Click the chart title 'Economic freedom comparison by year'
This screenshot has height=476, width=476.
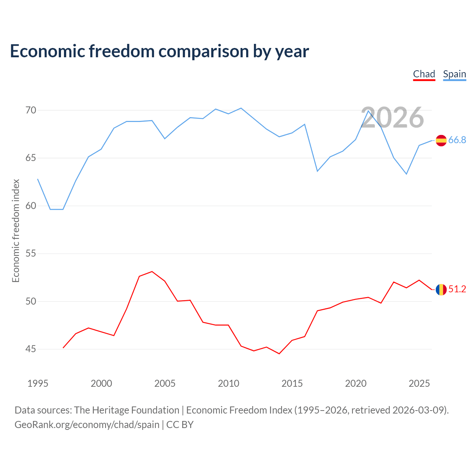[159, 51]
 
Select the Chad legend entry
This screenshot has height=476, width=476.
[424, 74]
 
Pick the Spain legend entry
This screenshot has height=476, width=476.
[454, 74]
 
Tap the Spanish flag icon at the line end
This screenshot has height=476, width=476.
[441, 141]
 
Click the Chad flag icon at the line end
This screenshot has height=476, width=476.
[441, 289]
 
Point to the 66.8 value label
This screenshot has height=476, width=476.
[457, 140]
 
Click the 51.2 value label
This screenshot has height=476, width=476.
[457, 289]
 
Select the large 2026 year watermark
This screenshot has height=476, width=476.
[392, 118]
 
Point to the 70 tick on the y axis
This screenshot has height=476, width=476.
[30, 110]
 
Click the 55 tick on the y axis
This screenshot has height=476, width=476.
[30, 254]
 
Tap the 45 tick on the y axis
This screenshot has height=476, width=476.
[30, 349]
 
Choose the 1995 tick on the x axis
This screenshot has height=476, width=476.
[38, 383]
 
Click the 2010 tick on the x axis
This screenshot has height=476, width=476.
[228, 383]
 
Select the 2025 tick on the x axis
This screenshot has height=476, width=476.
[419, 383]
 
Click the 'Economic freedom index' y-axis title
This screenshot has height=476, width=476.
[16, 231]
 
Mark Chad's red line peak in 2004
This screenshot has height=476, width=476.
[152, 271]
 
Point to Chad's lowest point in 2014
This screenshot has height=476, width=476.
[279, 354]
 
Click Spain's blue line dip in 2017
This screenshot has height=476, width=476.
[318, 171]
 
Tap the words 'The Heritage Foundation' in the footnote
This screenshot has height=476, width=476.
[127, 410]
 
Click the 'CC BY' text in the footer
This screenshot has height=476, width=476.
[180, 425]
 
